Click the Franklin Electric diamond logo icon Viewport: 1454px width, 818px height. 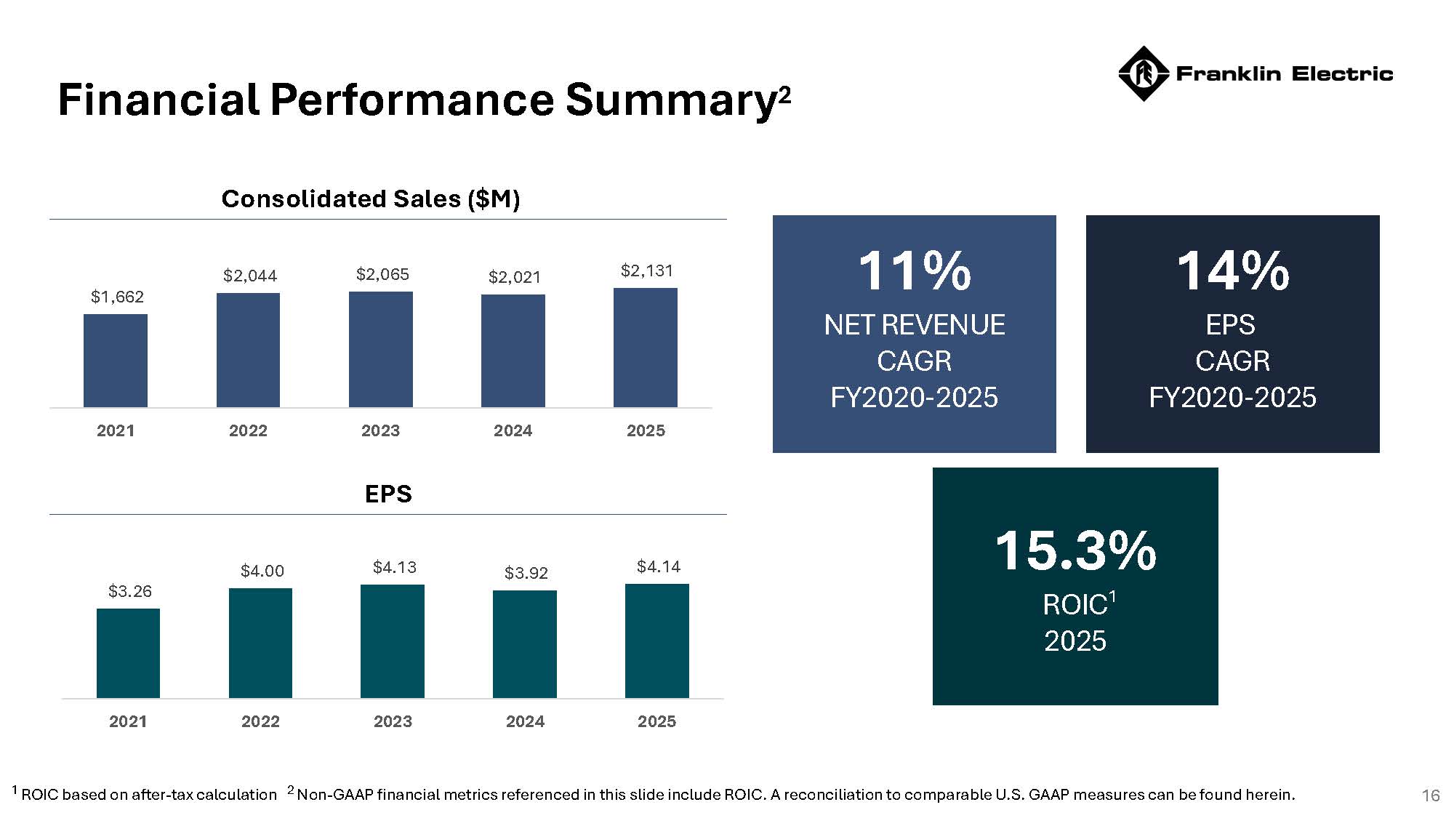pos(1143,73)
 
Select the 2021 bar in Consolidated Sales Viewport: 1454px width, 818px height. pos(116,361)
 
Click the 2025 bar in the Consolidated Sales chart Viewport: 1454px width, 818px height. pos(646,348)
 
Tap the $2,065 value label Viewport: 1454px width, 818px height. pos(382,274)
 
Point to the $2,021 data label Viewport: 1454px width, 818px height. pos(515,277)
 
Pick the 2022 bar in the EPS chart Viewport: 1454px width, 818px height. pos(260,643)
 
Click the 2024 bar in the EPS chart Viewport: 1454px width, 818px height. pos(525,644)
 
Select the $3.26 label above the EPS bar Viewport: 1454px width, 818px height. pos(130,591)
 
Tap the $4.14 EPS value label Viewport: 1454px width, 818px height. pos(659,566)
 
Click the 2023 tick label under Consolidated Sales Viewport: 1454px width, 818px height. pos(380,430)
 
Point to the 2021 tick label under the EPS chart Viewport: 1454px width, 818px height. pos(128,721)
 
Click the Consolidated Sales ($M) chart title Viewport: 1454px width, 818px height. pos(371,199)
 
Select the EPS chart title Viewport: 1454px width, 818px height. pos(388,494)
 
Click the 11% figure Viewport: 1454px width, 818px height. pos(914,270)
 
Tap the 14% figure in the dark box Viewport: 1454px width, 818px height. pos(1232,270)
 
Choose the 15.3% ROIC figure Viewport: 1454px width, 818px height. pos(1075,550)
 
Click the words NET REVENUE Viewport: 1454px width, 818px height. pos(914,324)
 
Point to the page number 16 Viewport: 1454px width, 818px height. pos(1431,795)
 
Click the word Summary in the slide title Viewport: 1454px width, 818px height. pos(670,100)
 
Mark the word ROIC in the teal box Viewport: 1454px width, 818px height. pos(1075,605)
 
